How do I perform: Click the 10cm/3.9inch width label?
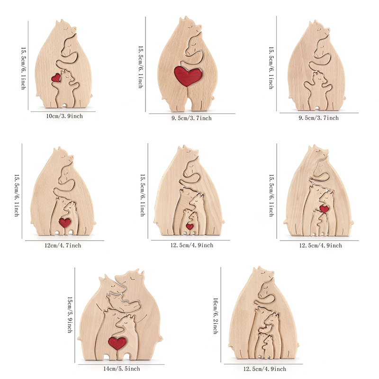pyautogui.click(x=63, y=116)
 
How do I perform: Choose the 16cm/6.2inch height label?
pyautogui.click(x=215, y=316)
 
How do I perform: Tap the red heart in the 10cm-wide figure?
pyautogui.click(x=56, y=77)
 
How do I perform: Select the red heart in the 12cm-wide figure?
pyautogui.click(x=64, y=222)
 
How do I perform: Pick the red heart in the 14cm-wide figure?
pyautogui.click(x=117, y=342)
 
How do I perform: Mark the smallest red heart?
pyautogui.click(x=189, y=226)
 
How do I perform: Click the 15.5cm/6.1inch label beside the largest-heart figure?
pyautogui.click(x=140, y=67)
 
